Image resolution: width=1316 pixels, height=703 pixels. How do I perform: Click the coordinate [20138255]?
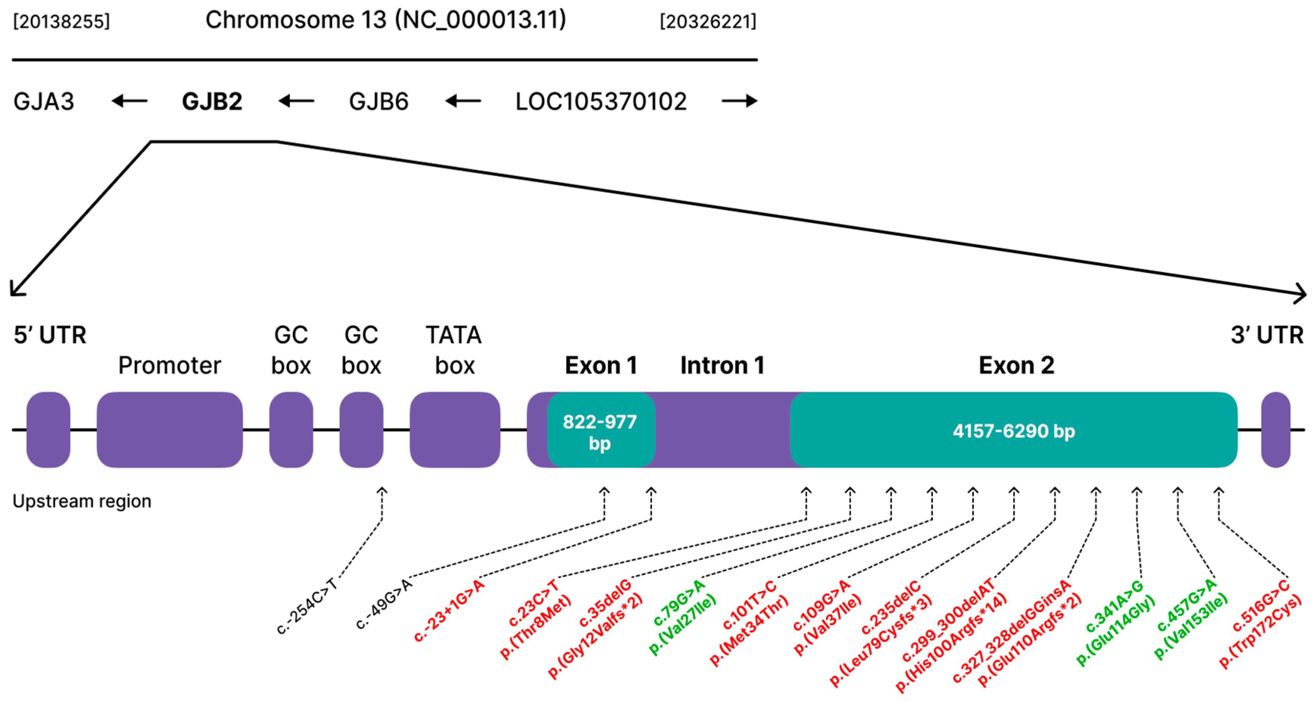click(x=61, y=22)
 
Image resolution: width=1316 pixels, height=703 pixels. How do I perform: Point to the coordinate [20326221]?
click(x=708, y=22)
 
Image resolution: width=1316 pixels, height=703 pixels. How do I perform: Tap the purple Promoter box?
click(x=170, y=429)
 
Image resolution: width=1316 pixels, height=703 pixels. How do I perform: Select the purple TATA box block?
click(x=455, y=429)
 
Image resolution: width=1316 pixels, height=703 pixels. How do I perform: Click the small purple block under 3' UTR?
click(x=1275, y=429)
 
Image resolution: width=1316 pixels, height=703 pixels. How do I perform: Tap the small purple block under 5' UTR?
click(x=48, y=429)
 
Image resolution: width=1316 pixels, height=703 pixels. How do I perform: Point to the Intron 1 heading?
click(x=722, y=365)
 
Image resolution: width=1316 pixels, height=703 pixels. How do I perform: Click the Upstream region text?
click(x=82, y=501)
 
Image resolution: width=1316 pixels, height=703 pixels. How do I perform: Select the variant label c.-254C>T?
click(x=307, y=606)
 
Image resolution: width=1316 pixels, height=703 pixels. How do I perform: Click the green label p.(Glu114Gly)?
click(x=1116, y=631)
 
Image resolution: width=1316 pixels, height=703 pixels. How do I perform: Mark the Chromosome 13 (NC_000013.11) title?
click(x=386, y=20)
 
